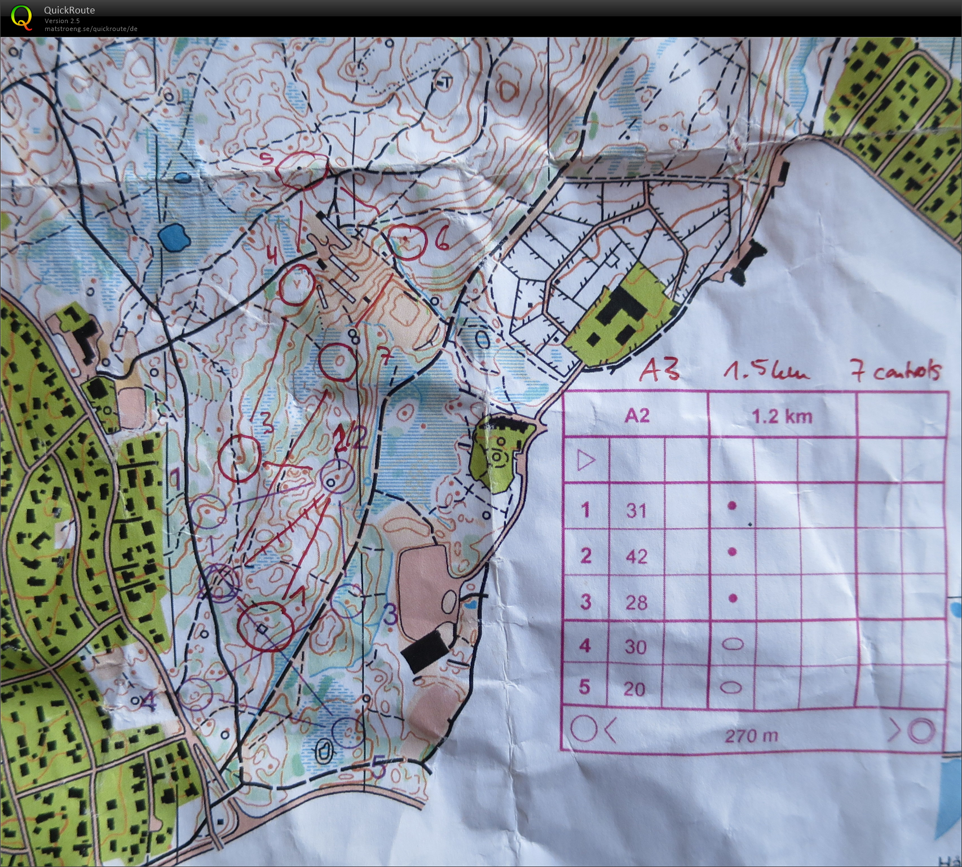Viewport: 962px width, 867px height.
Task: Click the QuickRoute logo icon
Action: tap(21, 17)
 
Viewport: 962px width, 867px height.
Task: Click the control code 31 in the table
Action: tap(636, 510)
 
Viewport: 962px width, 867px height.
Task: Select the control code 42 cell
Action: tap(636, 557)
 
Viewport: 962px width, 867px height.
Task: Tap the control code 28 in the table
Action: tap(636, 602)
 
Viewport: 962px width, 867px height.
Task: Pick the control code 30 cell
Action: tap(636, 646)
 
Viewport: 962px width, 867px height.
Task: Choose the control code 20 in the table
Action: tap(635, 688)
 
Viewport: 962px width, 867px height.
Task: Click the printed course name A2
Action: tap(637, 416)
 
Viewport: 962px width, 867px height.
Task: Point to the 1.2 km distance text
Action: tap(782, 416)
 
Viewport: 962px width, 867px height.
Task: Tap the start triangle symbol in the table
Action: tap(586, 461)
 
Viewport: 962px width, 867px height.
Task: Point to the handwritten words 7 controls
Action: tap(897, 372)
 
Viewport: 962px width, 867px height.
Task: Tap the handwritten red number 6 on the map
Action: tap(442, 241)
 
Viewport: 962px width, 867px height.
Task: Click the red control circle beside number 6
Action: tap(407, 241)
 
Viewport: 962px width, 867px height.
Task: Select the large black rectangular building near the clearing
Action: tap(426, 650)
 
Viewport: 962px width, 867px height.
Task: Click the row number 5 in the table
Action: tap(585, 687)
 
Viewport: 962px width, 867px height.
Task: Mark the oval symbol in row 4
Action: tap(732, 644)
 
